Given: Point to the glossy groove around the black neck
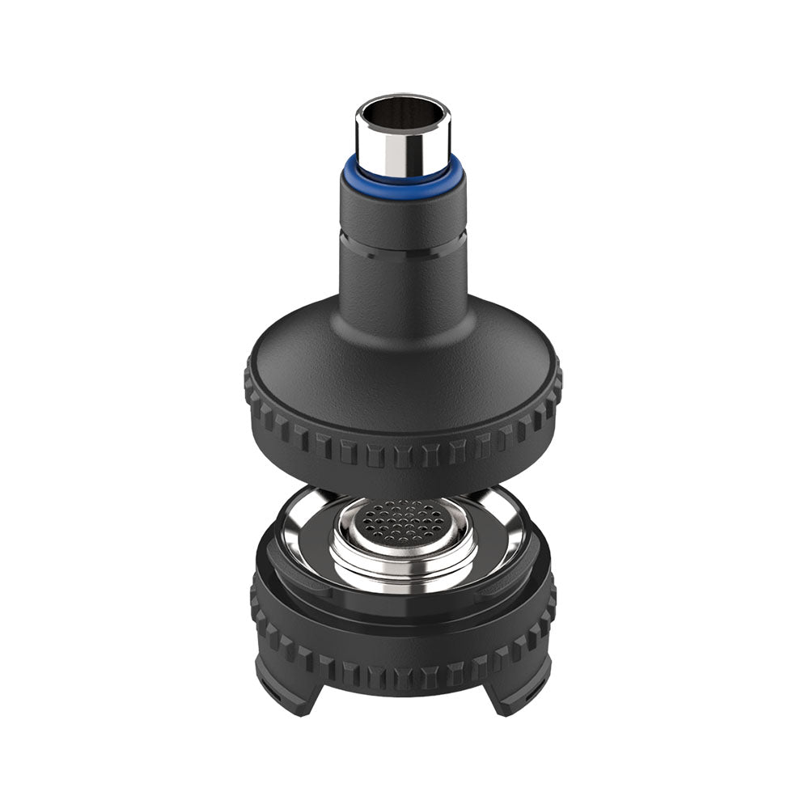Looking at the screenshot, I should (x=402, y=248).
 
